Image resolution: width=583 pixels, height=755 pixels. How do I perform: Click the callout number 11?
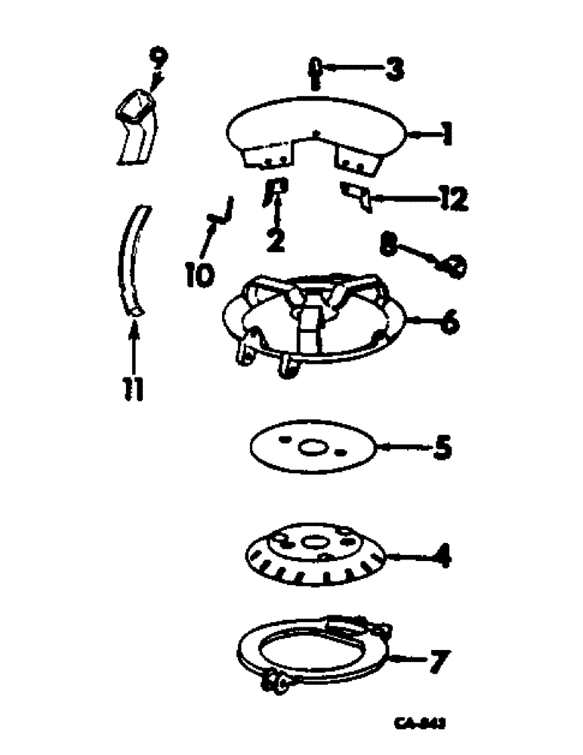pos(134,390)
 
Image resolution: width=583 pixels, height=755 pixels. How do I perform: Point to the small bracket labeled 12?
pos(355,196)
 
